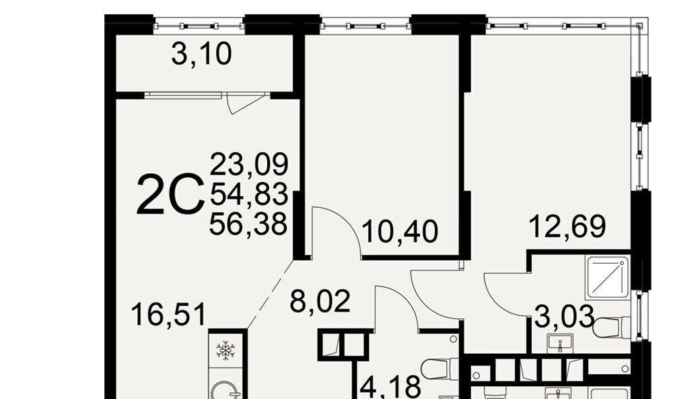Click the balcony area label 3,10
click(x=201, y=55)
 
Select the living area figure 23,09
click(x=249, y=164)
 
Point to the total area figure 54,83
click(x=249, y=194)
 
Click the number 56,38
click(x=248, y=224)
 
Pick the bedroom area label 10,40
click(x=400, y=232)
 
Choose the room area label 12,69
click(x=567, y=226)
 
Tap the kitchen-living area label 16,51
click(x=169, y=314)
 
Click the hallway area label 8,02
click(x=320, y=301)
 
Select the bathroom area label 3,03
click(x=565, y=317)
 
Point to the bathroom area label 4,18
click(x=390, y=387)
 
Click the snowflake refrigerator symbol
click(x=225, y=350)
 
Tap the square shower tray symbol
click(x=608, y=277)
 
